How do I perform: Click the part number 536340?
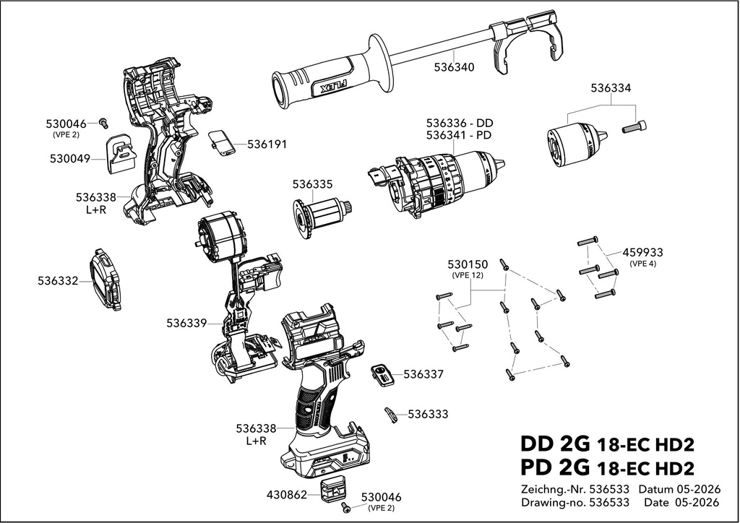tap(454, 67)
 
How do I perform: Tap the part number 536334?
tap(611, 88)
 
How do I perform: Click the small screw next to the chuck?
tap(634, 126)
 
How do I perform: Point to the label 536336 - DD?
tap(459, 123)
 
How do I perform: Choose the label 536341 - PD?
tap(459, 135)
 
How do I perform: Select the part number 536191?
tap(267, 144)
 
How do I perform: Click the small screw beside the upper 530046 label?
tap(104, 123)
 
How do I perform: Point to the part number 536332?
tap(58, 281)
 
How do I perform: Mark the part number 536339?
tap(186, 323)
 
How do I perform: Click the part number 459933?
tap(642, 253)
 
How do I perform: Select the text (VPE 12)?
tap(468, 275)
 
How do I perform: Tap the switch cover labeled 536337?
tap(383, 375)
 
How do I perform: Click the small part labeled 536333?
tap(391, 415)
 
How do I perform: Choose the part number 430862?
tap(287, 495)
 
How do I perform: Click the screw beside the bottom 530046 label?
tap(346, 507)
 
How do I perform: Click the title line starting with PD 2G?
tap(607, 468)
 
